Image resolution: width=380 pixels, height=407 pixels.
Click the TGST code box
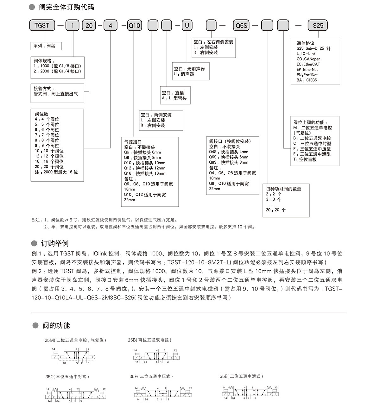(x=42, y=25)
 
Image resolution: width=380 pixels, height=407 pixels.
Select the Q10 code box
(x=134, y=25)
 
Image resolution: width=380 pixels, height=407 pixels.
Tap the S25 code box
(x=318, y=25)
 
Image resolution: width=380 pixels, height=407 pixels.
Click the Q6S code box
(x=242, y=25)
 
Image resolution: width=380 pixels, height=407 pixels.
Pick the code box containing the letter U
(x=187, y=25)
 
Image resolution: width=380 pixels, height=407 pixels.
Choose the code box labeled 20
(x=89, y=25)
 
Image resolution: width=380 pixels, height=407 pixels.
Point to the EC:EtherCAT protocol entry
(x=308, y=64)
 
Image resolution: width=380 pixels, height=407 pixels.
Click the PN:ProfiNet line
(x=307, y=75)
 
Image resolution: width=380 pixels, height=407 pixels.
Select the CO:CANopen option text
(x=308, y=59)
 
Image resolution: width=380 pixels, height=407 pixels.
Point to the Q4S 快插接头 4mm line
(x=228, y=152)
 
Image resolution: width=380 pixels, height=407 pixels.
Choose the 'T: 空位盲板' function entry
(x=305, y=160)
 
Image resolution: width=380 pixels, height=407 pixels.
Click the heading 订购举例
(x=55, y=243)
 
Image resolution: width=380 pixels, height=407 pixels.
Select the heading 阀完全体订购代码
(x=66, y=7)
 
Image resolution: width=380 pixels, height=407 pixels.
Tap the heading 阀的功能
(x=56, y=326)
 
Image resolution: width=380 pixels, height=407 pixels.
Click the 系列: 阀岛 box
(x=46, y=46)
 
